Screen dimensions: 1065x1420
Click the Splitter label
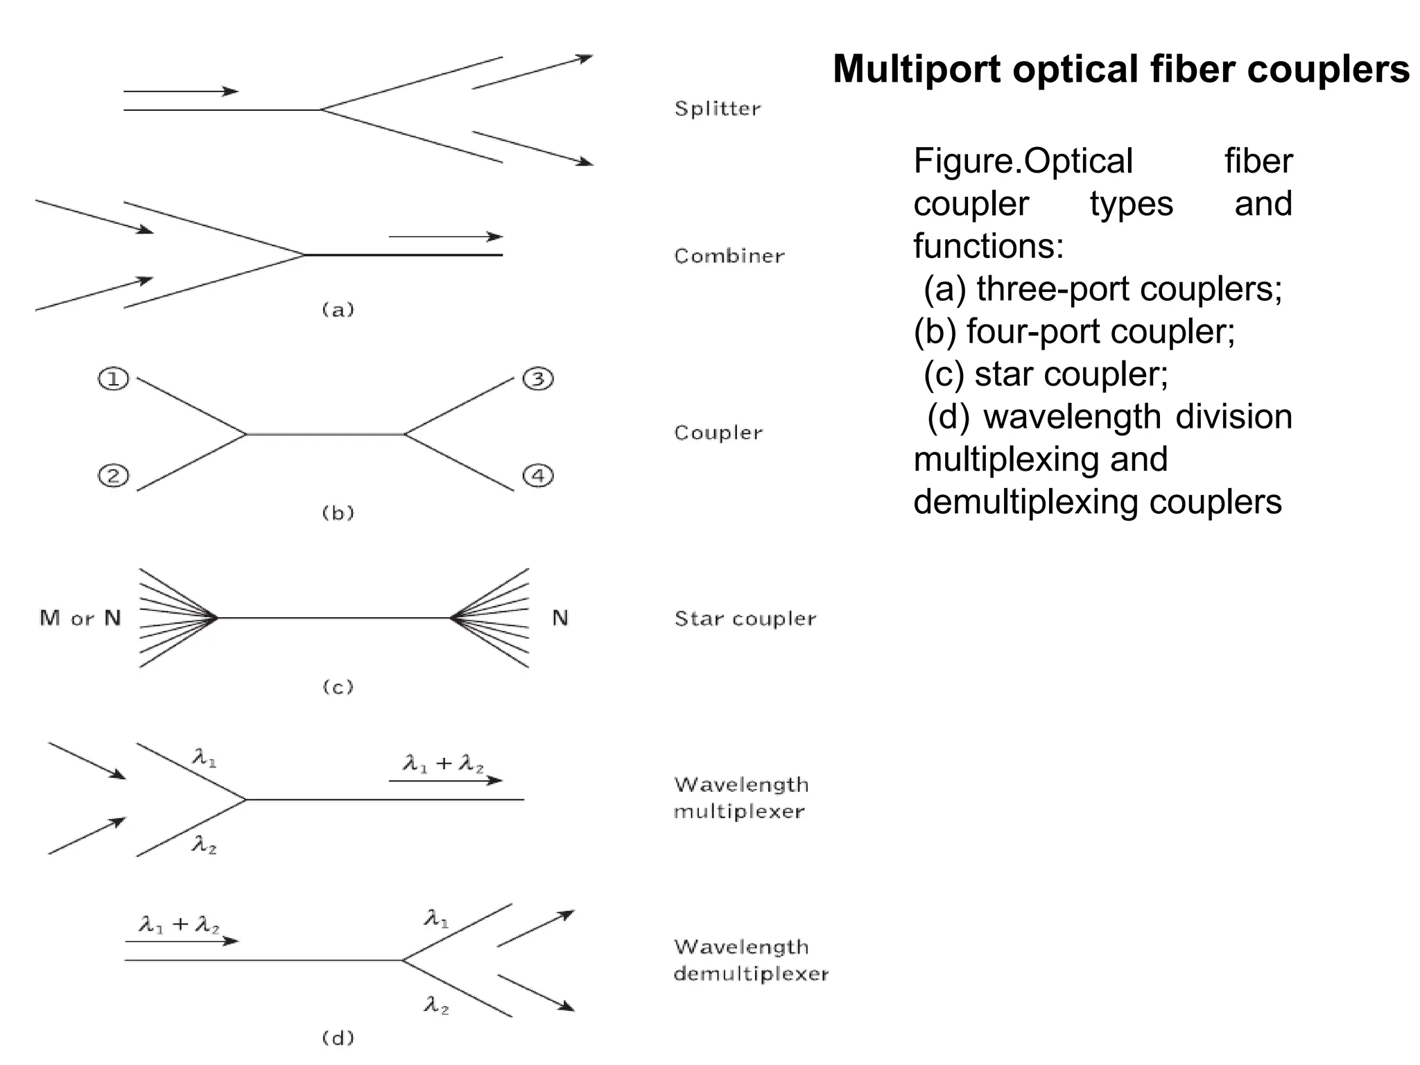point(718,109)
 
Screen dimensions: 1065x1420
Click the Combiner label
point(729,257)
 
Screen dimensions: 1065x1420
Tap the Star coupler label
point(745,618)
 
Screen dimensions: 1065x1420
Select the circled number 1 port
point(114,379)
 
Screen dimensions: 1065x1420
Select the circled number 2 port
point(114,476)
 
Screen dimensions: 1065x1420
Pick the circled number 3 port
point(538,379)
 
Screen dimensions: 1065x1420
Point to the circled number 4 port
point(538,476)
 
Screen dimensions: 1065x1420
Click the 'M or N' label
point(80,618)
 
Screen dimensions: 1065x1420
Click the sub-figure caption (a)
point(338,309)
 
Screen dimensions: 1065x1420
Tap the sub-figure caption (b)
point(338,512)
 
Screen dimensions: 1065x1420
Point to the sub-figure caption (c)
point(338,686)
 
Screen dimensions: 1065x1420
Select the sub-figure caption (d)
point(338,1037)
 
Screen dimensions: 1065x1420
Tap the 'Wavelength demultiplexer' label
point(750,960)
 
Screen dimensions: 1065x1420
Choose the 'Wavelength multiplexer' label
point(741,798)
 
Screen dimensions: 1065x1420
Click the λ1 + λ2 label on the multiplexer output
point(444,764)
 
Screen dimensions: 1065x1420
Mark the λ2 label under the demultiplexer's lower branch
point(437,1005)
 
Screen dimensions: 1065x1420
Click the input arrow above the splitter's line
point(181,92)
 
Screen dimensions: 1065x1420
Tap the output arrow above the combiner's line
point(445,237)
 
